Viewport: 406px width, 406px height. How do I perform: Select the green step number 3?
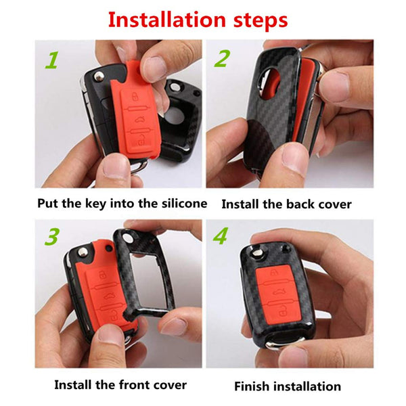pos(51,238)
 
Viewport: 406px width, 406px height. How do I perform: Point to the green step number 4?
pos(221,238)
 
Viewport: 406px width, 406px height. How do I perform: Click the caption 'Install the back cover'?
pos(286,204)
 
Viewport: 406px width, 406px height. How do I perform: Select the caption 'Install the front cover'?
pos(120,385)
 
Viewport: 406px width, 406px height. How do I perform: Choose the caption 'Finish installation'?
pos(288,386)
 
